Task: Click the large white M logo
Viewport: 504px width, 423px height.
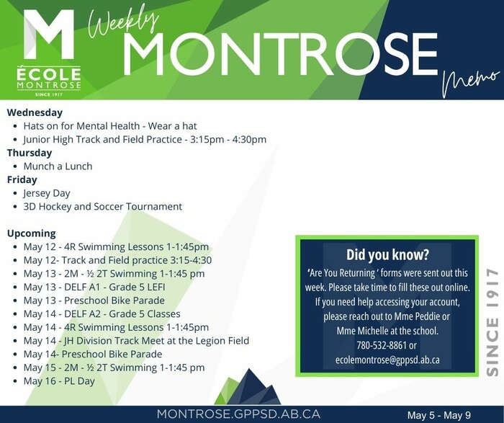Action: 49,34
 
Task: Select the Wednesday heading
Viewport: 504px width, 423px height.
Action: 35,112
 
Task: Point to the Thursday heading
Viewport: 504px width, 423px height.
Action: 30,153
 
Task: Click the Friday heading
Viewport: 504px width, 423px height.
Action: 22,179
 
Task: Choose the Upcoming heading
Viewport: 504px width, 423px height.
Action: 31,233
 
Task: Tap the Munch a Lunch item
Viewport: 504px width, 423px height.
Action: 58,166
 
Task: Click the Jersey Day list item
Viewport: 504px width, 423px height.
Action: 47,193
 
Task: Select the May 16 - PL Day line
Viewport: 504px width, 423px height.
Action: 59,381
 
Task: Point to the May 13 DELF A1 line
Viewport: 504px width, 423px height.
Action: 94,287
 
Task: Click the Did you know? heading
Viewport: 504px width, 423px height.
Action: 387,254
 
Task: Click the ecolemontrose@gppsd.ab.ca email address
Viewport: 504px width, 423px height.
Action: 387,360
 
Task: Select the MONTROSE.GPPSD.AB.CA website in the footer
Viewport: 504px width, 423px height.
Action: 238,414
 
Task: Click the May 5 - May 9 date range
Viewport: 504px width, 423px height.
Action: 439,415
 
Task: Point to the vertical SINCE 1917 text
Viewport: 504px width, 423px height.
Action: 492,322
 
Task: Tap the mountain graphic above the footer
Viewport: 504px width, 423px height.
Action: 247,387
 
